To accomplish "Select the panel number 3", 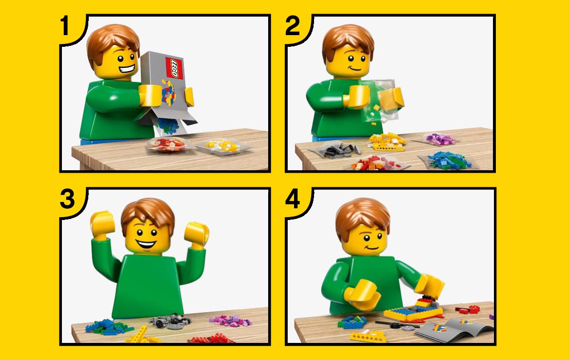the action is coord(68,199).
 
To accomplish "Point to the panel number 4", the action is coord(293,199).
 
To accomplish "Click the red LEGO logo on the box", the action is coord(174,68).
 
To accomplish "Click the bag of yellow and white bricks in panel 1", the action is coord(223,146).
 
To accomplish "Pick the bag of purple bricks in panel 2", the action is coord(440,139).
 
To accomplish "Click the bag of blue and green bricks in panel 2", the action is coord(449,160).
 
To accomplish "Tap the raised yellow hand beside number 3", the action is coord(102,223).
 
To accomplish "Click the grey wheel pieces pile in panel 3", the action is coord(170,321).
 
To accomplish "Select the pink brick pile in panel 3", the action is coord(230,320).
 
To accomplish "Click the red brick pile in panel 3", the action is coord(211,339).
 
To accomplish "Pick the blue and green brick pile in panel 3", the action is coord(108,327).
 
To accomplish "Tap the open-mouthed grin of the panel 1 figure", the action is coord(126,68).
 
